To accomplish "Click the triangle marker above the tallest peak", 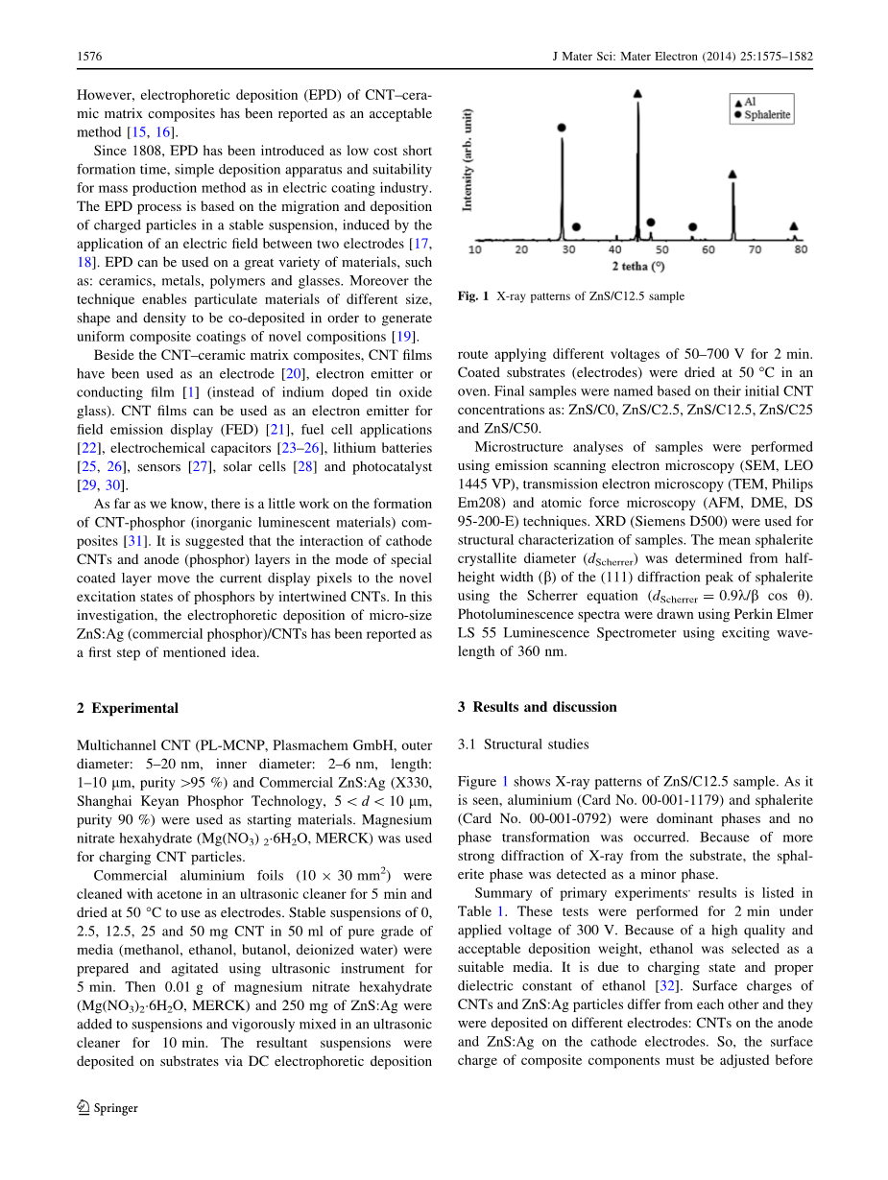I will point(638,93).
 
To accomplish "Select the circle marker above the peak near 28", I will point(562,127).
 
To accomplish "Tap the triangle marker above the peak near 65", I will point(732,175).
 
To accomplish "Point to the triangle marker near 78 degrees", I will point(793,226).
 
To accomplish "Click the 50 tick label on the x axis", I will point(661,249).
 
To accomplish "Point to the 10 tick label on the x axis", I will point(475,249).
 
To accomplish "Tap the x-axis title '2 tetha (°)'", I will point(638,265).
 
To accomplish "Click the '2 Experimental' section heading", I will point(128,708).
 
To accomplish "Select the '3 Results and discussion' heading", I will point(537,707).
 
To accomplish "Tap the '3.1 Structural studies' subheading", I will point(523,743).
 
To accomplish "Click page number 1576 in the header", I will point(89,58).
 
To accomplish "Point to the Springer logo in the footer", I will point(108,1108).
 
